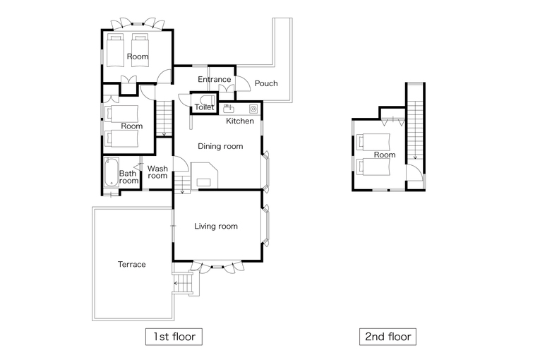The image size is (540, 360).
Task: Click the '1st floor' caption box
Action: click(x=174, y=337)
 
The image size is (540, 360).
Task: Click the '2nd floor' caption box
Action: click(x=388, y=337)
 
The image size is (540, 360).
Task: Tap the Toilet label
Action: click(x=204, y=107)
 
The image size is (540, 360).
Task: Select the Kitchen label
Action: click(x=240, y=121)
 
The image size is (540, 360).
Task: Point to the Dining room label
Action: click(x=220, y=146)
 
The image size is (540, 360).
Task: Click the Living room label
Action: click(x=216, y=227)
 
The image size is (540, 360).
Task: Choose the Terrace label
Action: click(x=131, y=264)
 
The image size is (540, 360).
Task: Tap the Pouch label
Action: click(x=266, y=83)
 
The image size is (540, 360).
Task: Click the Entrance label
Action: click(x=214, y=80)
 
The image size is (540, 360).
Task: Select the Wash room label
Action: click(x=157, y=172)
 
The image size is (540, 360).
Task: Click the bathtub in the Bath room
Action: click(x=112, y=172)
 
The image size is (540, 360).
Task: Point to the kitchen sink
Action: click(x=228, y=109)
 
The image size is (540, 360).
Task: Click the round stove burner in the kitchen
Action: click(x=253, y=109)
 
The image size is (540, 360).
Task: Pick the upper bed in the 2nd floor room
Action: click(x=373, y=142)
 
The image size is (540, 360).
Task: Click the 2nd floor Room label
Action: click(x=385, y=155)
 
